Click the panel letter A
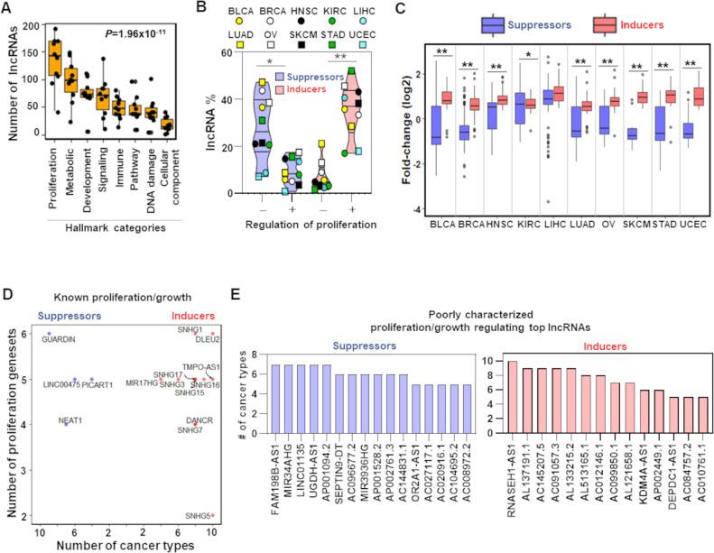pos(8,9)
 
